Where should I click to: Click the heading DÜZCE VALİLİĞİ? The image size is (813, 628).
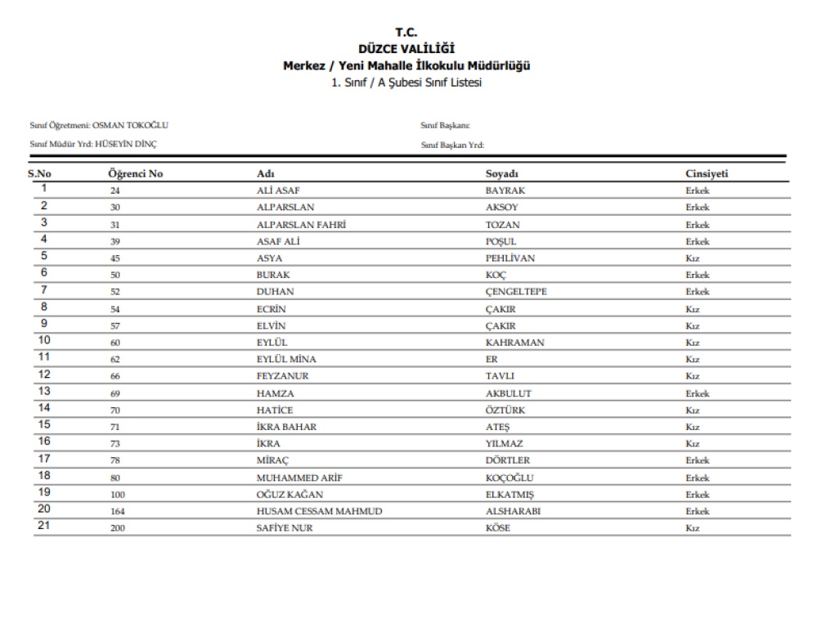406,49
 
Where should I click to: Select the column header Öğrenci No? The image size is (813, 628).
135,174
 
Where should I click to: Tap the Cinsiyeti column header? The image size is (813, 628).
707,174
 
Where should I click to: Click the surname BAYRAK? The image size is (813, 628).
505,191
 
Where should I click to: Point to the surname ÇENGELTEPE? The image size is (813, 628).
516,292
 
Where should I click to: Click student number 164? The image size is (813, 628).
118,512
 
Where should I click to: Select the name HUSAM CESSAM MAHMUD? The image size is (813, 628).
320,512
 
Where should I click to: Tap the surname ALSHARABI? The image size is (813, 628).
513,512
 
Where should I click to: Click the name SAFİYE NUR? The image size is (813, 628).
285,529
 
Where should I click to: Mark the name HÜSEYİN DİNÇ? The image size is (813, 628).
126,145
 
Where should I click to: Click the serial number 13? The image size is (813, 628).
45,392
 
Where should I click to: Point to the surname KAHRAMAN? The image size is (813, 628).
514,343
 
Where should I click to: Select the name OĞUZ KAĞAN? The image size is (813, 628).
290,495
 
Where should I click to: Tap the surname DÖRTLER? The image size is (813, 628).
508,461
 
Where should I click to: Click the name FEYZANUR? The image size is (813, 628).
282,376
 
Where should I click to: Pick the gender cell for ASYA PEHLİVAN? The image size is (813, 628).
693,258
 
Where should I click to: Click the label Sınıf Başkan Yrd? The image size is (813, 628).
452,145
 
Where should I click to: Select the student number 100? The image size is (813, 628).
118,495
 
